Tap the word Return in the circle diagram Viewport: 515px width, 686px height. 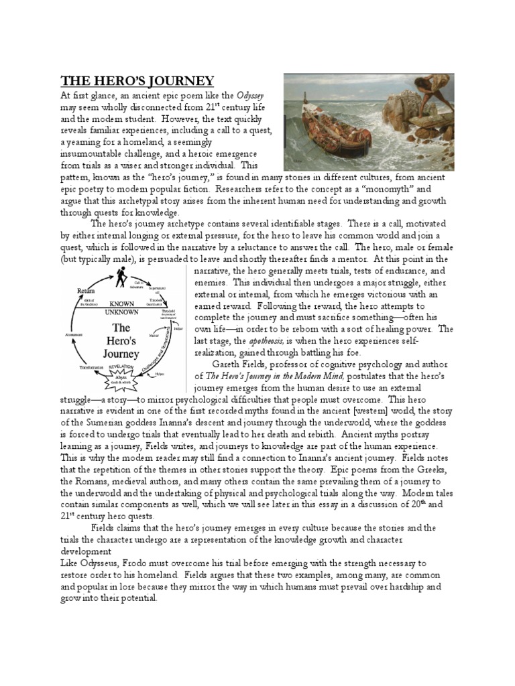(x=86, y=291)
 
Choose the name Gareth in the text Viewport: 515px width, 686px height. (x=229, y=364)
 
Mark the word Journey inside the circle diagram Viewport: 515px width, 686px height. (x=121, y=352)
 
